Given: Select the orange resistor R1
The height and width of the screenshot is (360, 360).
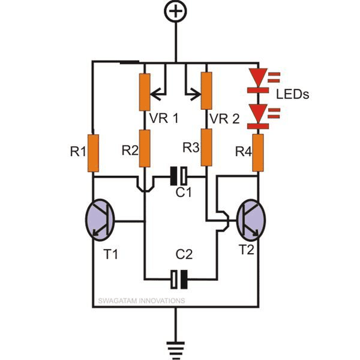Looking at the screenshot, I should (x=93, y=154).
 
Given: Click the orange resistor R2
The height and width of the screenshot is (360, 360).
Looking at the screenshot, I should (x=145, y=148).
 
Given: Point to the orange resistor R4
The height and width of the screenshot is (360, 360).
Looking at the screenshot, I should (x=258, y=152).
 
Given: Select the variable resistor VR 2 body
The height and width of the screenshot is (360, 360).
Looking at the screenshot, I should (x=206, y=89).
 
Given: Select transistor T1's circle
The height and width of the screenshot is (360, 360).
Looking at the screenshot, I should (x=101, y=219).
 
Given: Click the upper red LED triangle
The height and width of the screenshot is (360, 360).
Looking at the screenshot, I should (x=258, y=77).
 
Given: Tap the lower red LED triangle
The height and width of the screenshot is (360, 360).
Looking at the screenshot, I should (x=258, y=112).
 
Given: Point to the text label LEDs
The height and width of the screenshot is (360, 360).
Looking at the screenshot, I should (x=293, y=95).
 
